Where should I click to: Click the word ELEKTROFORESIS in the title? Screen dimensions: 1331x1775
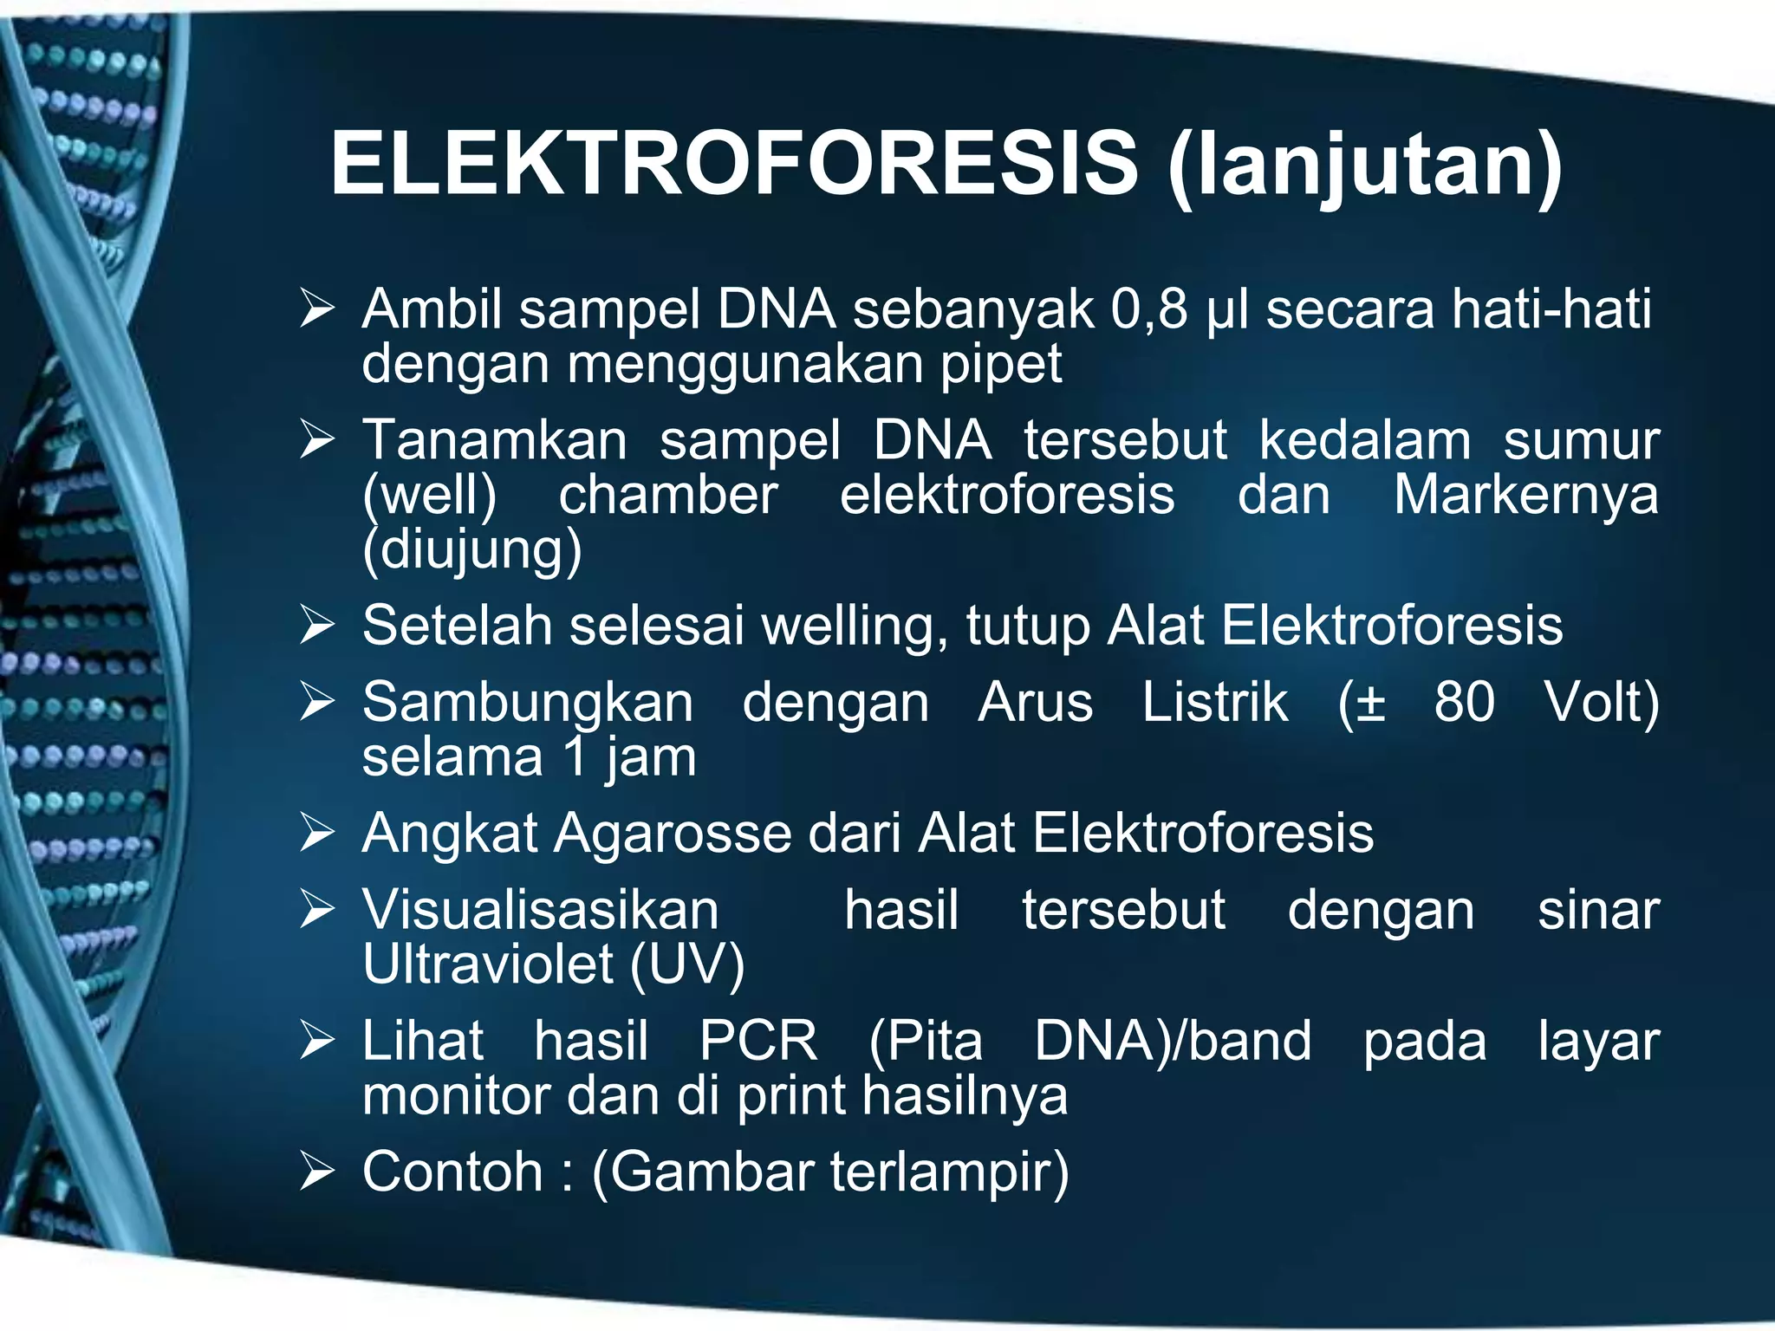point(733,163)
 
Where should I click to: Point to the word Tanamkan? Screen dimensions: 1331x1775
point(494,440)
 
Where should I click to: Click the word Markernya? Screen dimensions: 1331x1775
point(1525,496)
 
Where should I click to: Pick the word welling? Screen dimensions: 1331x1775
point(854,626)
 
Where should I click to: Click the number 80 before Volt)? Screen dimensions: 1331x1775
point(1464,702)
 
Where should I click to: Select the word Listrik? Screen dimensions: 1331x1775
point(1214,702)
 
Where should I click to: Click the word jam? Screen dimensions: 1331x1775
point(650,758)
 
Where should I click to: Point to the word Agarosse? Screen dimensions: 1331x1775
point(673,834)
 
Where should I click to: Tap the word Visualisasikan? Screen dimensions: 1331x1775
point(540,911)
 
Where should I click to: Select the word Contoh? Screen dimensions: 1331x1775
point(452,1172)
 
